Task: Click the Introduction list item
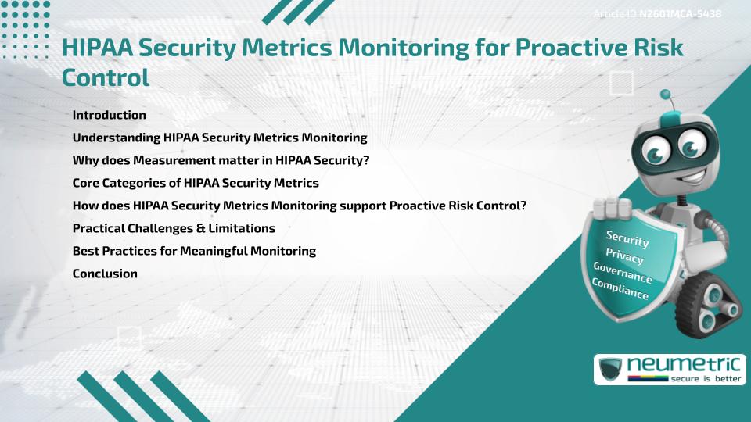point(109,115)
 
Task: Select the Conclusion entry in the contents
point(105,274)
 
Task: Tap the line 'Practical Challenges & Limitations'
point(173,228)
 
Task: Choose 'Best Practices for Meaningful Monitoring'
point(194,251)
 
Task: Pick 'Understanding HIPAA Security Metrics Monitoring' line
point(220,138)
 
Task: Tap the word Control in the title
point(105,78)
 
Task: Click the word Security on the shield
point(627,239)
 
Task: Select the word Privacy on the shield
point(624,257)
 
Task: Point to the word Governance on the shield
point(623,274)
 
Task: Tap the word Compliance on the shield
point(620,290)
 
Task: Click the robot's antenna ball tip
point(666,95)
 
